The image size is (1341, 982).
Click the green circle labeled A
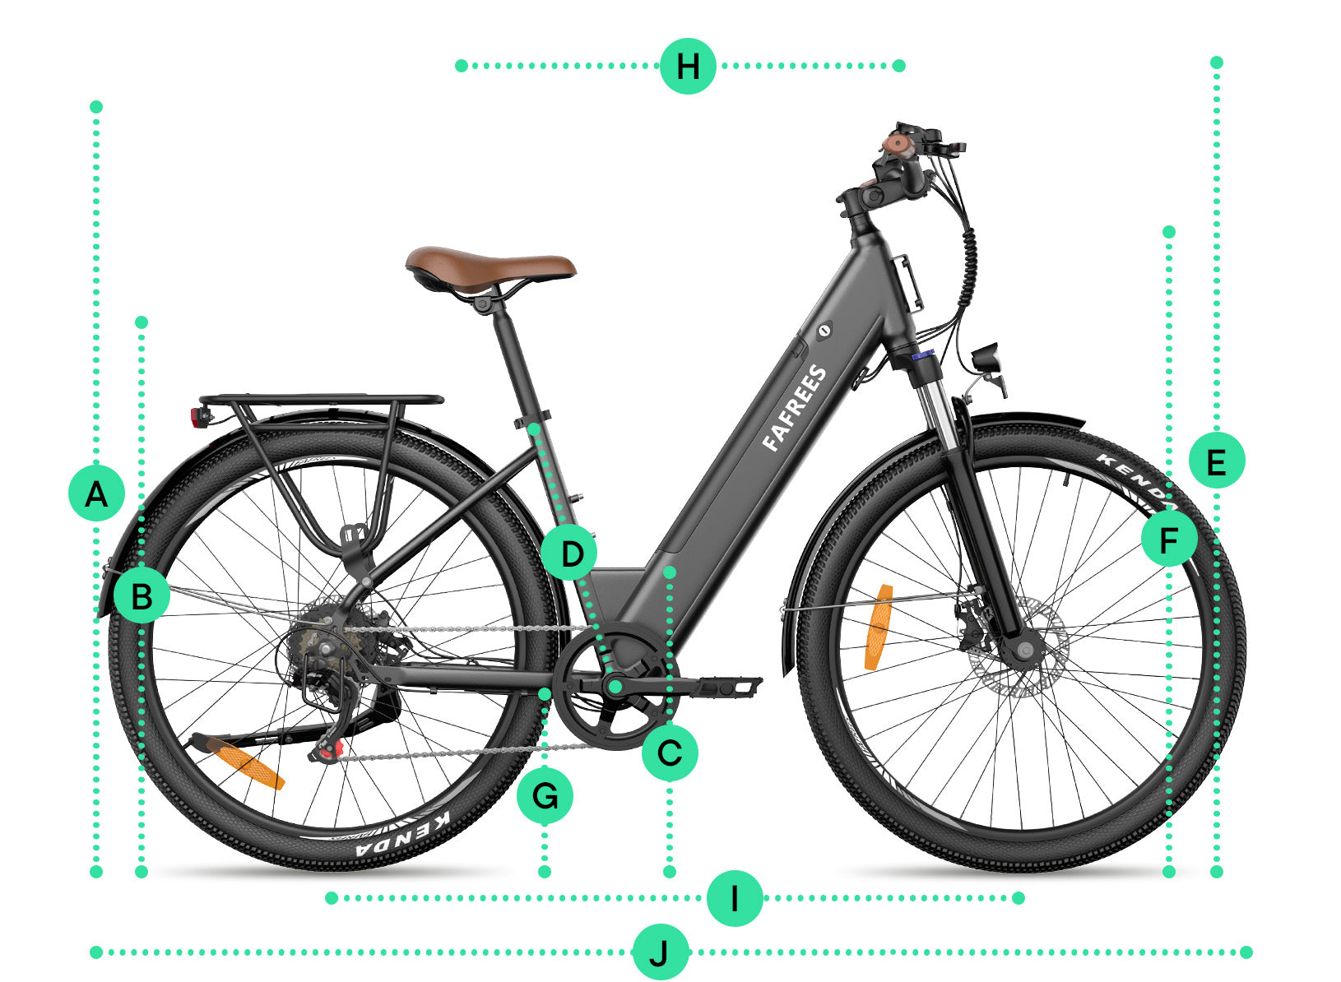pyautogui.click(x=97, y=493)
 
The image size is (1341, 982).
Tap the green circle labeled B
pyautogui.click(x=142, y=596)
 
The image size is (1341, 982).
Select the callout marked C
pyautogui.click(x=670, y=753)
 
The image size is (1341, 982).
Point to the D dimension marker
pyautogui.click(x=569, y=553)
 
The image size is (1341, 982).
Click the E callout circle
pyautogui.click(x=1217, y=461)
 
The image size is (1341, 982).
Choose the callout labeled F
pyautogui.click(x=1169, y=539)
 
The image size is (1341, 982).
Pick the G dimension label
pyautogui.click(x=545, y=796)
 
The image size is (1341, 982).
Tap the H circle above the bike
pyautogui.click(x=688, y=66)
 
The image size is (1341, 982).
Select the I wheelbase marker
pyautogui.click(x=735, y=898)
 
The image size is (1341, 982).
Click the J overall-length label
pyautogui.click(x=661, y=952)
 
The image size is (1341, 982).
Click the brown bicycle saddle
pyautogui.click(x=490, y=267)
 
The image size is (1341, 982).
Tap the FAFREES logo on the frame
pyautogui.click(x=795, y=408)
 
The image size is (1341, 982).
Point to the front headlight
pyautogui.click(x=986, y=359)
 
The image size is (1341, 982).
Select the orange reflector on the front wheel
pyautogui.click(x=879, y=628)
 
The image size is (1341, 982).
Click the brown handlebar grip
pyautogui.click(x=898, y=146)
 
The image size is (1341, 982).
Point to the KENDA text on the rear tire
pyautogui.click(x=403, y=834)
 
